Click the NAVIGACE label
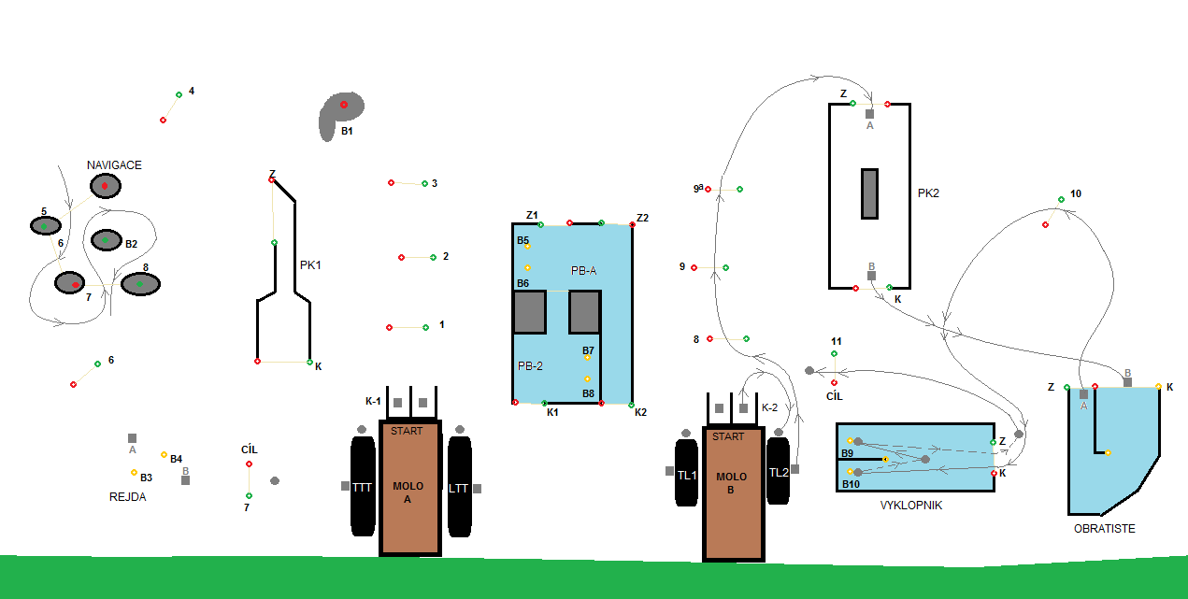114,165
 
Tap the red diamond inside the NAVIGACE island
106,188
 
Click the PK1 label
310,265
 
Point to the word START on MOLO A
407,432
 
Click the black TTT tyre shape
363,487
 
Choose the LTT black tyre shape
458,487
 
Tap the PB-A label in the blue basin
583,271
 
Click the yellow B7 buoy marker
588,358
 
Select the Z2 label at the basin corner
642,219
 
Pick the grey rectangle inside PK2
869,193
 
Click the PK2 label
928,194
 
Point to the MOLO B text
732,483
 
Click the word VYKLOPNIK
910,506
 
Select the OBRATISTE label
1104,529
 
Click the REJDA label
127,497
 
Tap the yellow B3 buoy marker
134,472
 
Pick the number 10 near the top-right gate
1076,193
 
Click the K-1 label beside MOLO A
373,402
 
